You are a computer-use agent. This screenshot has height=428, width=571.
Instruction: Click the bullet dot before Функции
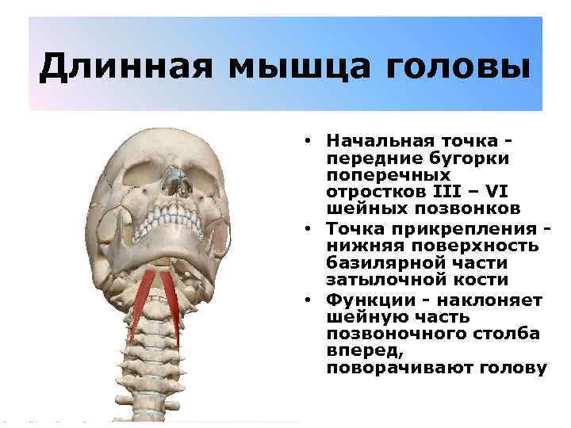pos(305,300)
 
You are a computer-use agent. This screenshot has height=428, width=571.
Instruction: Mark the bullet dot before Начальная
pos(305,141)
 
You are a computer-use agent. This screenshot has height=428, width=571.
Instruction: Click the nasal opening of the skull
pos(183,187)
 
